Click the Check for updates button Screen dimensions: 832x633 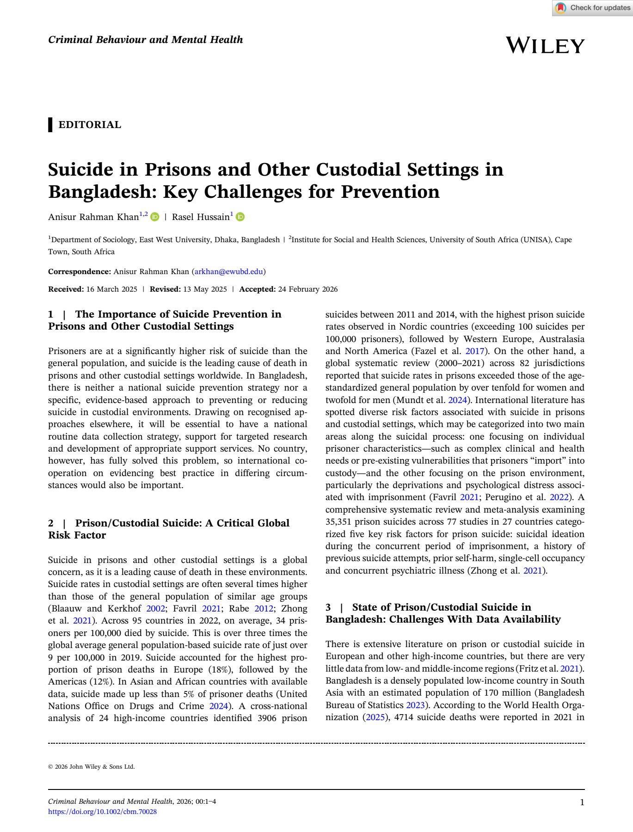(x=593, y=8)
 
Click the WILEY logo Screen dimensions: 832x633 (x=545, y=45)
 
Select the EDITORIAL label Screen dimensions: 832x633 (x=89, y=125)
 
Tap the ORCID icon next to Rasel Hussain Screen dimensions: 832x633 (x=240, y=217)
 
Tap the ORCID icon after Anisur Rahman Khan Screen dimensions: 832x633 (x=155, y=217)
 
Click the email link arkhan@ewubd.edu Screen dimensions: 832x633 (x=228, y=271)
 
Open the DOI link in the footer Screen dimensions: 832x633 (x=102, y=812)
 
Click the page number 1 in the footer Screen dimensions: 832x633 (x=582, y=802)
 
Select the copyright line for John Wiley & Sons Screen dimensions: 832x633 (x=91, y=766)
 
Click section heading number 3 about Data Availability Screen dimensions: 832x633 (x=442, y=613)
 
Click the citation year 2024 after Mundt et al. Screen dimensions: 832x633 (x=457, y=400)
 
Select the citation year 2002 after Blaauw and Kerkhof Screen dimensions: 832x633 (x=155, y=608)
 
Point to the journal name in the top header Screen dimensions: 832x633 (x=145, y=40)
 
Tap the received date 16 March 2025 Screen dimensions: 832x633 (x=111, y=289)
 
